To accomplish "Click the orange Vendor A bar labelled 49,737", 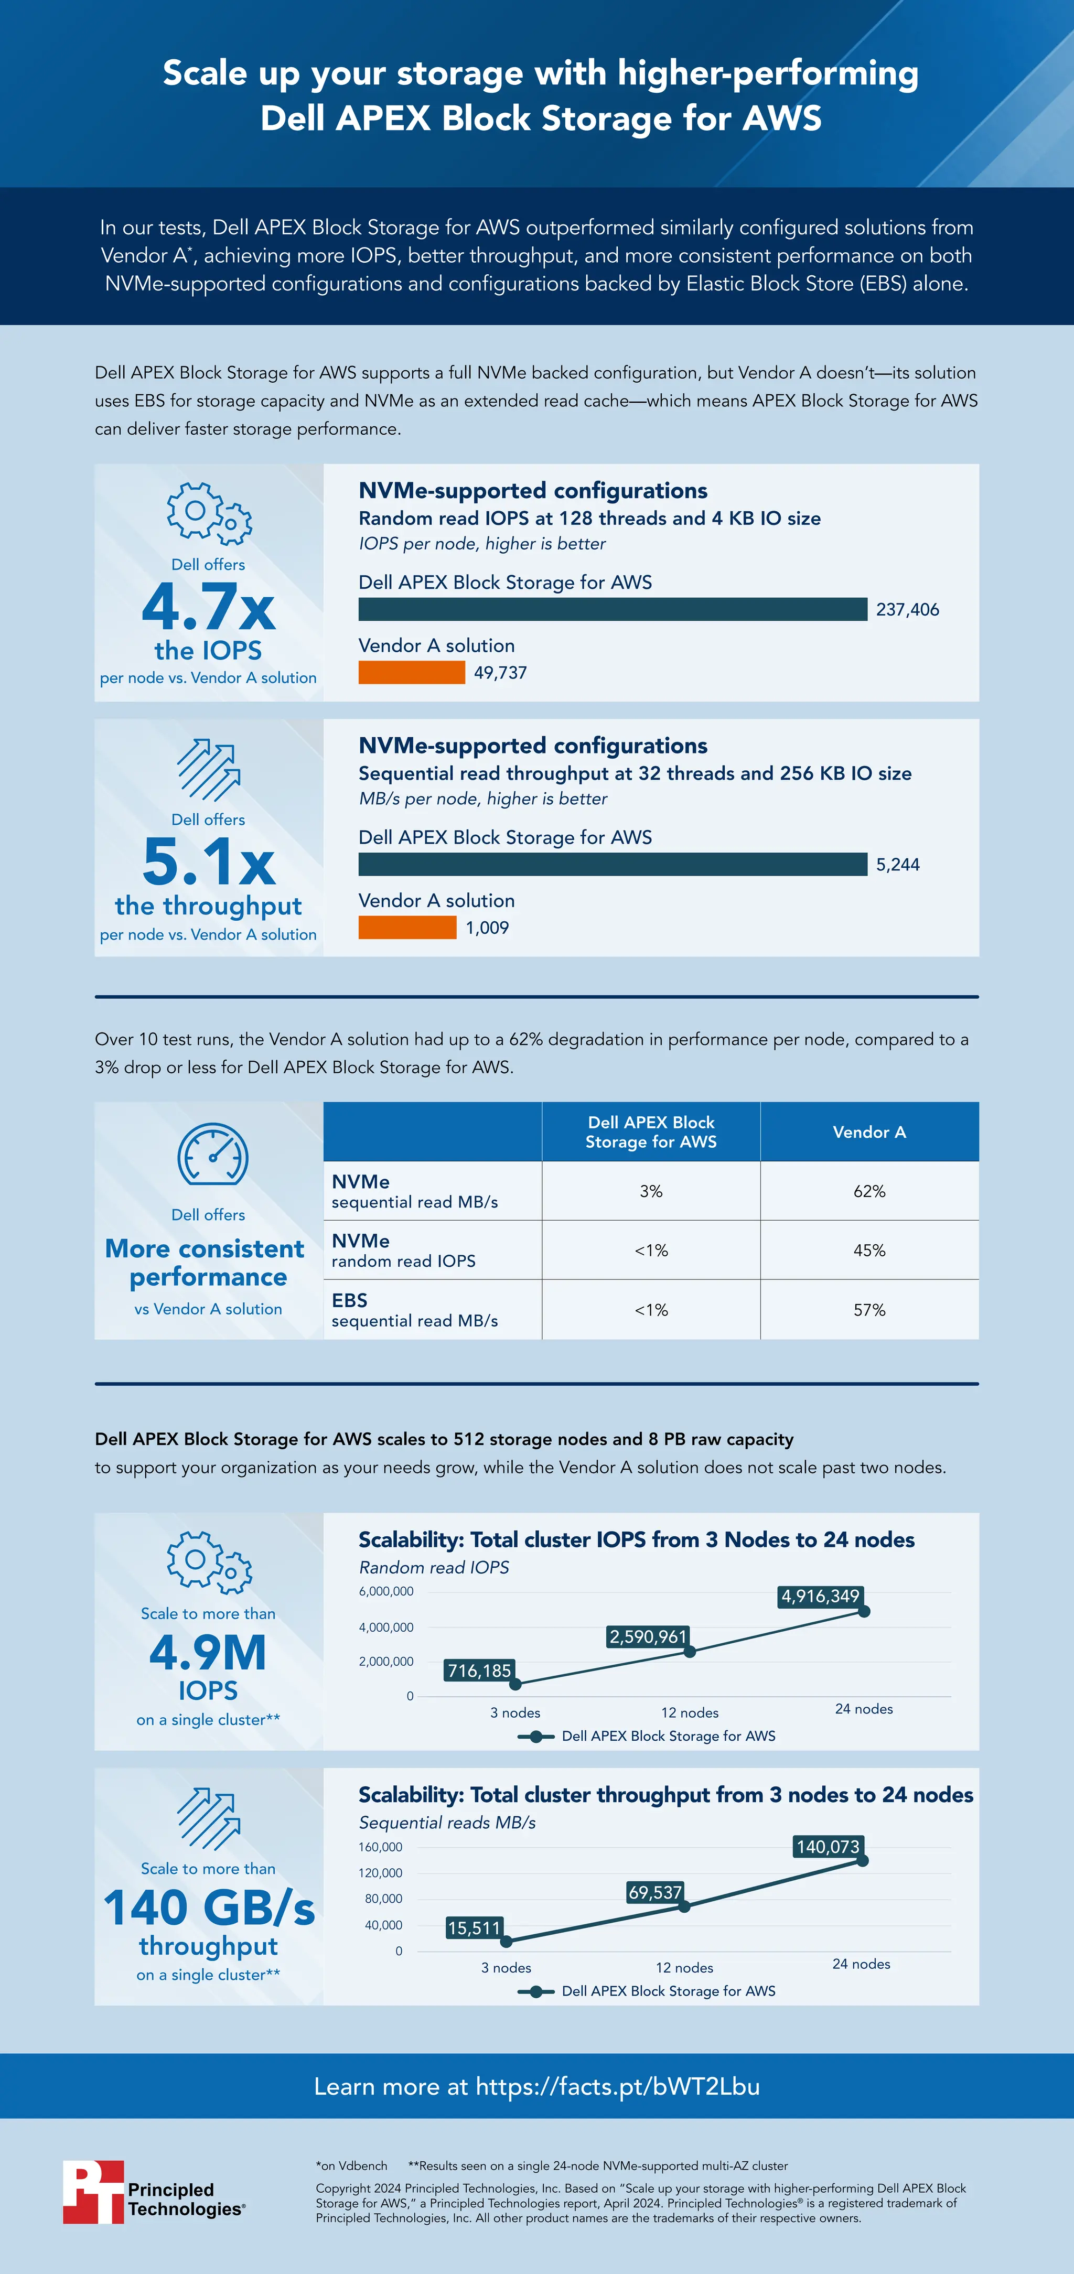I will [412, 673].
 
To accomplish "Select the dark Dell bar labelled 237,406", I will [612, 609].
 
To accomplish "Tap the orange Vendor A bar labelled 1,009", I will [407, 928].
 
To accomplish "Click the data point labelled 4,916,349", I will [864, 1611].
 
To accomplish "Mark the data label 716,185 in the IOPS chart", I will [479, 1670].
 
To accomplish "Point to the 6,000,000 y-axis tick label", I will [386, 1592].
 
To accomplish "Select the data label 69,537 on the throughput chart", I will [654, 1892].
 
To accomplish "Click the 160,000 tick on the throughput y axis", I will [381, 1847].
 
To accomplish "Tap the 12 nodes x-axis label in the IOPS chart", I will [690, 1712].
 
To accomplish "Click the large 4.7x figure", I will [208, 607].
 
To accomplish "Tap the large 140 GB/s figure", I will [208, 1907].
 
